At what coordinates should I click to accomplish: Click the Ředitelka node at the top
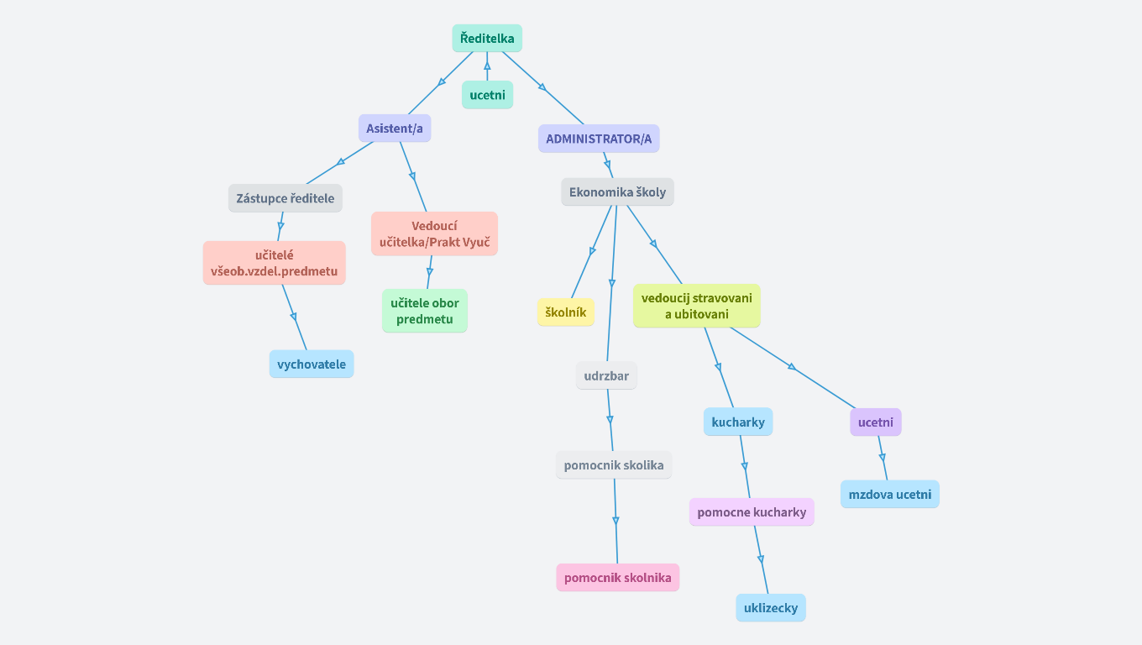[487, 38]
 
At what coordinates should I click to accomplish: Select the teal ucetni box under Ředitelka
[487, 95]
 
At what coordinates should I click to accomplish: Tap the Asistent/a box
[395, 128]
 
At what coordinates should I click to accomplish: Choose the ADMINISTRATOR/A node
[599, 139]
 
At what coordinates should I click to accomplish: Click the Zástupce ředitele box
[285, 198]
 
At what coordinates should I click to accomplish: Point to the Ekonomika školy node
[617, 191]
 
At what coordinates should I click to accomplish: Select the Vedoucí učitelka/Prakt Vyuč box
[434, 234]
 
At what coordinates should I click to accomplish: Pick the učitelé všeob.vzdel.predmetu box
[274, 263]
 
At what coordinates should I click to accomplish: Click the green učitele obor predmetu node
[425, 311]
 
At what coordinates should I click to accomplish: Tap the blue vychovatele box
[312, 364]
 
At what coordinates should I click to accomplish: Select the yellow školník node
[566, 312]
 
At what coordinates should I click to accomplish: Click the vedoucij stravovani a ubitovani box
[697, 306]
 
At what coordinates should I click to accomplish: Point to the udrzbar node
[606, 375]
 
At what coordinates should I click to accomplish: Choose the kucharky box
[738, 422]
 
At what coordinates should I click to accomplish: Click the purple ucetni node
[875, 422]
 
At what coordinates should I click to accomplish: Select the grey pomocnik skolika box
[614, 465]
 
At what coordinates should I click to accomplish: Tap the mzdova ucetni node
[890, 494]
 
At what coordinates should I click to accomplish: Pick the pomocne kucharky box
[752, 512]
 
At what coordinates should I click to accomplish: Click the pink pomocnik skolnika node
[617, 578]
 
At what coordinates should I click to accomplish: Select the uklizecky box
[771, 607]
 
